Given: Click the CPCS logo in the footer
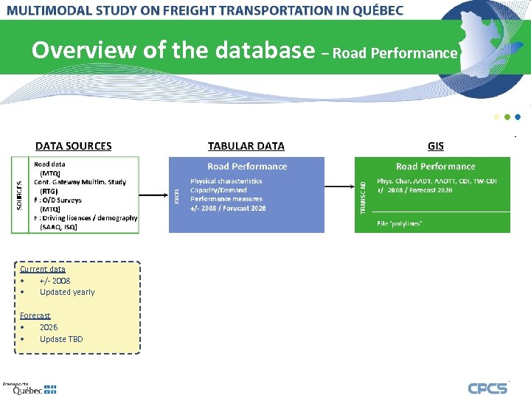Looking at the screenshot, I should tap(487, 388).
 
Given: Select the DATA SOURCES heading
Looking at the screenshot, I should tap(74, 146).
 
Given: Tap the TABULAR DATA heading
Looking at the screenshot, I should tap(246, 146).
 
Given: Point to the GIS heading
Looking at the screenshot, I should tap(436, 146).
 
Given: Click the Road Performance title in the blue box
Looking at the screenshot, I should tap(247, 167).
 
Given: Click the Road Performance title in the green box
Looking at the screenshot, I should tap(435, 167).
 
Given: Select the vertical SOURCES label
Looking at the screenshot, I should tap(19, 195).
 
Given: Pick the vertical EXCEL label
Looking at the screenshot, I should tap(176, 196).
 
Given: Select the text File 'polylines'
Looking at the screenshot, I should tap(399, 223).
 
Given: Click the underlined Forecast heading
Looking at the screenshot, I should tap(35, 315).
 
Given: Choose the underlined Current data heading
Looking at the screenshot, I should tap(43, 269).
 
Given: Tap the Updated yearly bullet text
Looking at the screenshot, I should tap(67, 292).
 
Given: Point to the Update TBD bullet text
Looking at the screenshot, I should tap(61, 339).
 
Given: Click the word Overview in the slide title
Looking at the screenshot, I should tap(74, 50).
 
